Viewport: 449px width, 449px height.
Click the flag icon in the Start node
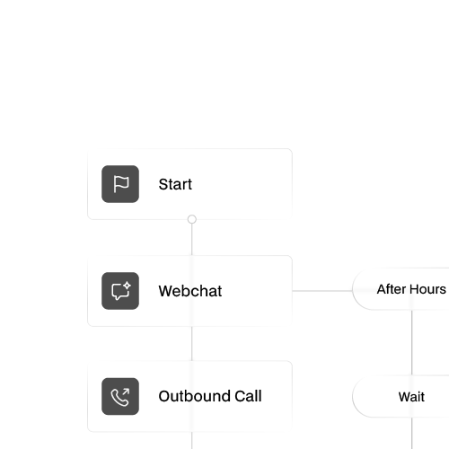click(120, 184)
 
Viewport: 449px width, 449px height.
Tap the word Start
click(175, 185)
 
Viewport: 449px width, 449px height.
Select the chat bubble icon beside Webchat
click(120, 291)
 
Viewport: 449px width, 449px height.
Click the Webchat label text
click(189, 292)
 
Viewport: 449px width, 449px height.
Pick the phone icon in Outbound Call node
click(120, 396)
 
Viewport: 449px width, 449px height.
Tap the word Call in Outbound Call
click(245, 396)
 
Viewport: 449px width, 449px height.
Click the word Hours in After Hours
click(428, 289)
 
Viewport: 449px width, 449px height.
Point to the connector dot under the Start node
click(191, 219)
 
